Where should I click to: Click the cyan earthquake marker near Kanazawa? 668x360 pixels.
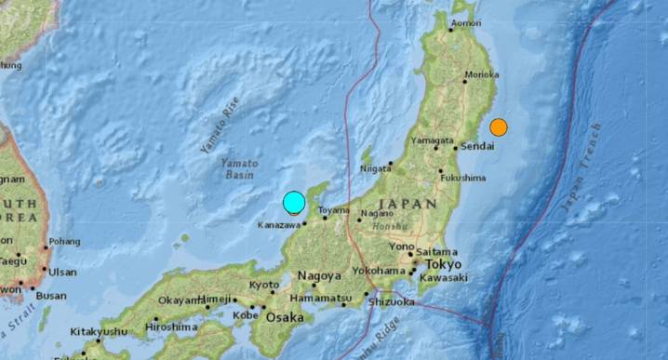pyautogui.click(x=294, y=203)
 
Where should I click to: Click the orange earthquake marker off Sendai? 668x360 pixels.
pyautogui.click(x=499, y=127)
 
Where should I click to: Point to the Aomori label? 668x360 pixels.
pyautogui.click(x=465, y=24)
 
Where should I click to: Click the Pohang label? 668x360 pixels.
pyautogui.click(x=64, y=241)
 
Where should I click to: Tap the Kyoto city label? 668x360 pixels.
pyautogui.click(x=265, y=285)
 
